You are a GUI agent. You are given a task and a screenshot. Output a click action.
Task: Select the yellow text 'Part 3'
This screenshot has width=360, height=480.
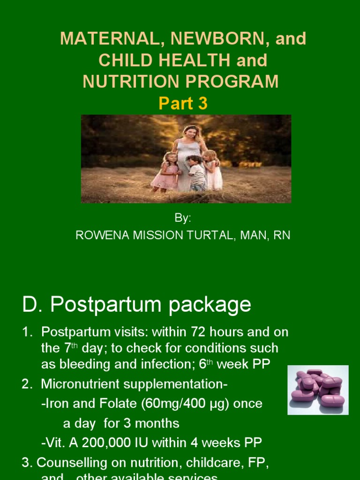tap(183, 104)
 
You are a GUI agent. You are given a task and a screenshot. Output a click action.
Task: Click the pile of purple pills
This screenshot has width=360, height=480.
tap(318, 390)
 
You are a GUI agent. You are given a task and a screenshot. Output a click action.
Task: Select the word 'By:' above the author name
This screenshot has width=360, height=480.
tap(183, 218)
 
